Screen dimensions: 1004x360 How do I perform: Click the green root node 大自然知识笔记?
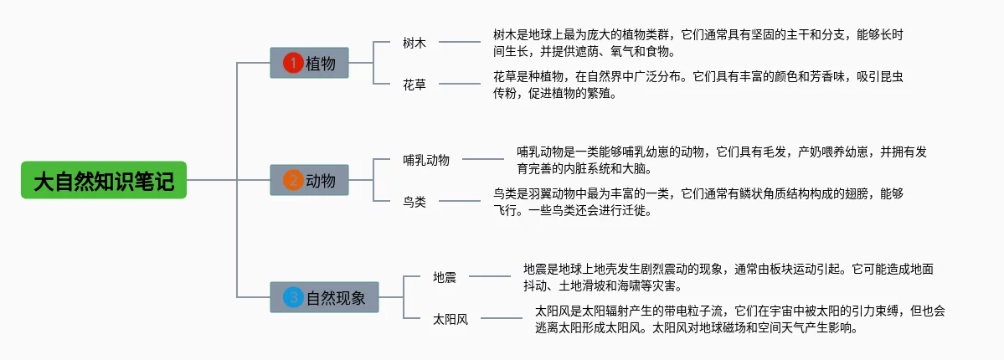104,180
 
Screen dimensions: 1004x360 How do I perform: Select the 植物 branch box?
309,63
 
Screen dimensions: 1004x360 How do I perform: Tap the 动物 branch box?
309,180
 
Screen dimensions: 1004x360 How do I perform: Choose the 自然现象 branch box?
325,297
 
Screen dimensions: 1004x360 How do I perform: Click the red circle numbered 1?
292,63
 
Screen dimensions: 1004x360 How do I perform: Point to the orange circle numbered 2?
292,180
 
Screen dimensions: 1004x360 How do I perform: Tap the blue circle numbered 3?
292,297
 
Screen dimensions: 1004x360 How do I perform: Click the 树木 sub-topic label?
414,43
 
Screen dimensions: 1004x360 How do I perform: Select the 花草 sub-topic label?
414,84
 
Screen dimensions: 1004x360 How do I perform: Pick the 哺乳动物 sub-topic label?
426,160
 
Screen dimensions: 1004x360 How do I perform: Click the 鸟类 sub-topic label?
414,202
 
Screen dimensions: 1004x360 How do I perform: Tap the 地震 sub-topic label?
445,277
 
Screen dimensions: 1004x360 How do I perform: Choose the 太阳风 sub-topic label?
451,319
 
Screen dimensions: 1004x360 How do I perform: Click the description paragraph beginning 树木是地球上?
698,43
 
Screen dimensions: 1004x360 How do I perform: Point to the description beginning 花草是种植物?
698,85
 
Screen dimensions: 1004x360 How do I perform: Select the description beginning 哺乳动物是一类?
723,160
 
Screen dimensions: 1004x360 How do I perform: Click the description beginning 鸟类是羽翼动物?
698,202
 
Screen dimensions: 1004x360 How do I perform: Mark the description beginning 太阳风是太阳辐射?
740,319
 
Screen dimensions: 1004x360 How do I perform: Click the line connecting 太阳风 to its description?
502,318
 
